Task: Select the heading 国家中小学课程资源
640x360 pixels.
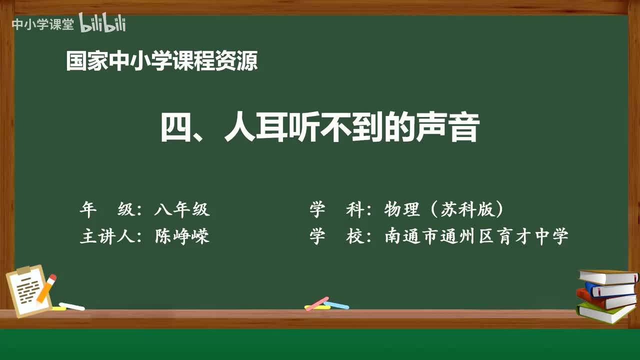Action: (162, 61)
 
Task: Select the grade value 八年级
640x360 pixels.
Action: (182, 210)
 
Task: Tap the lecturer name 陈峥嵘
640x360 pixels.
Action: (182, 236)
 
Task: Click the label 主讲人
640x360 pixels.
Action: (106, 236)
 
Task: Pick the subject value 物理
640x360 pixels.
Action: (402, 210)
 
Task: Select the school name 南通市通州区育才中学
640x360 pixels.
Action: (476, 236)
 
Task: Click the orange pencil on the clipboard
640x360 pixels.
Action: (46, 288)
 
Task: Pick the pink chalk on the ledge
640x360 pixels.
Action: (316, 303)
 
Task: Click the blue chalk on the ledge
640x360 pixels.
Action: (336, 305)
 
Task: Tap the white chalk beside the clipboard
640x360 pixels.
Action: (72, 306)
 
